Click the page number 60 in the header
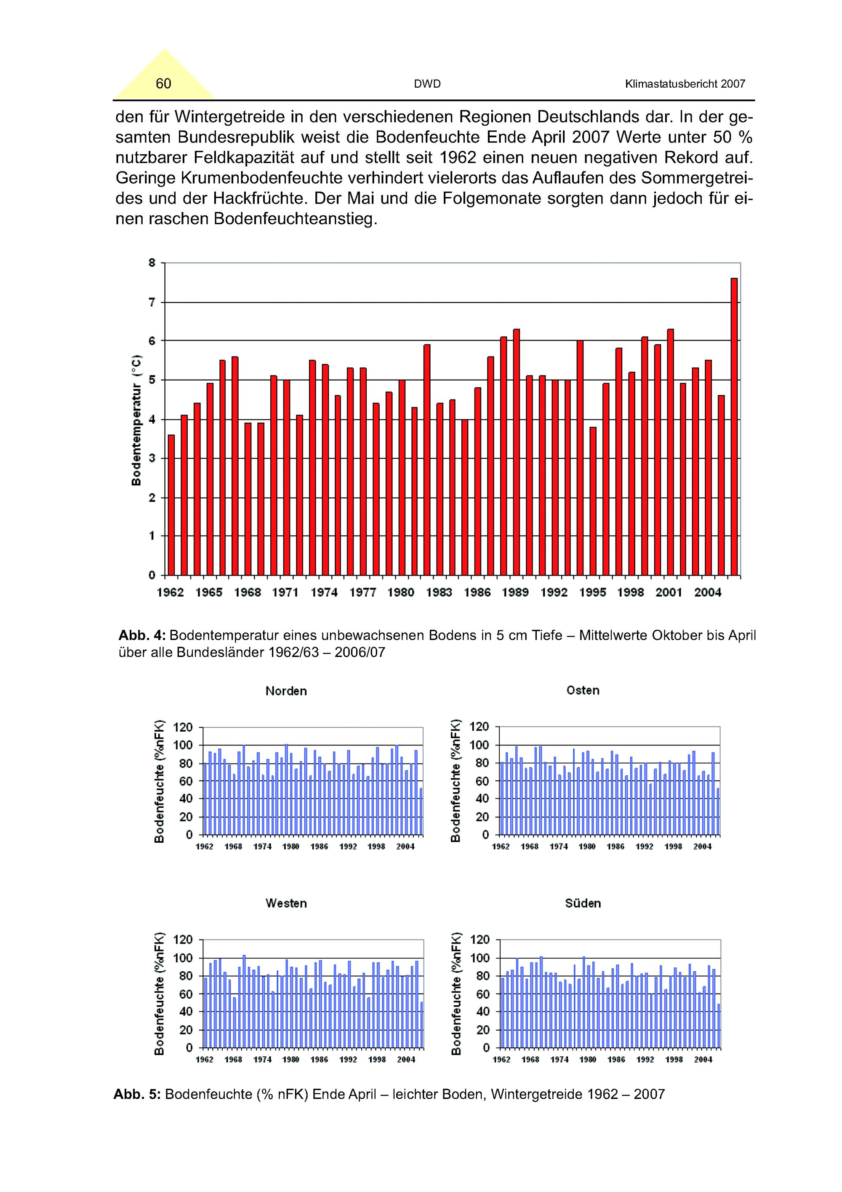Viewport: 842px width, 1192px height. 163,83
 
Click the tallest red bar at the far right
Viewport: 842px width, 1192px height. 733,426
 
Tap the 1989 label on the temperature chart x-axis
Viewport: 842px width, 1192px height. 515,593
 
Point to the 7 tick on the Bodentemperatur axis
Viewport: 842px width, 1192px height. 152,302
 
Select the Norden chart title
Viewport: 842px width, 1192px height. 286,691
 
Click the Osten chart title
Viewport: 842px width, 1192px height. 583,691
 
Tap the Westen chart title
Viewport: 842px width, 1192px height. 286,903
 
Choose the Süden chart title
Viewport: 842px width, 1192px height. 583,903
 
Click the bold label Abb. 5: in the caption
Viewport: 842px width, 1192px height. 137,1094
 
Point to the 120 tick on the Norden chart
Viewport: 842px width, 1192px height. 183,727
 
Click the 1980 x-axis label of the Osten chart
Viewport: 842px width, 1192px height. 587,847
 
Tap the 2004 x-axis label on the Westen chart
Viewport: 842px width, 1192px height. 406,1060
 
